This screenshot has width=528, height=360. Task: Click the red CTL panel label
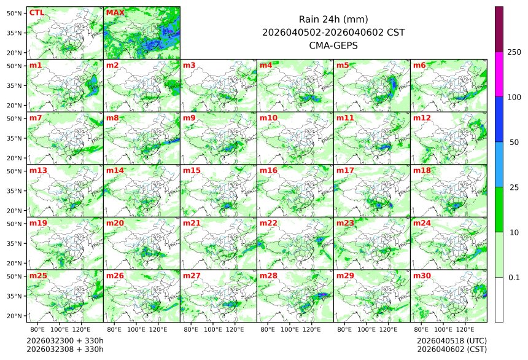click(36, 12)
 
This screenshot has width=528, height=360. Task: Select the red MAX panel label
click(114, 12)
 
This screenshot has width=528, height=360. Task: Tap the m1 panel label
click(36, 65)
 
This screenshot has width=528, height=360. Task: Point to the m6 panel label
click(419, 65)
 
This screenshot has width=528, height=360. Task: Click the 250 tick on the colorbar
click(514, 52)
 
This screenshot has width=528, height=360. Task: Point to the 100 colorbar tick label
click(514, 97)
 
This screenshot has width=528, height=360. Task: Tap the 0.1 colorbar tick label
click(514, 277)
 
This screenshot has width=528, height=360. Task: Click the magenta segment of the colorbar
click(499, 74)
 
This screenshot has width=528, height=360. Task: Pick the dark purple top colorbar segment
click(499, 29)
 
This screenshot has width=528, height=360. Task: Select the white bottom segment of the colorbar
click(499, 299)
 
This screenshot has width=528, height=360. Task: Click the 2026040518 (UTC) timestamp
click(451, 340)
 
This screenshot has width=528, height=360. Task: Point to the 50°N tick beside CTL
click(14, 13)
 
